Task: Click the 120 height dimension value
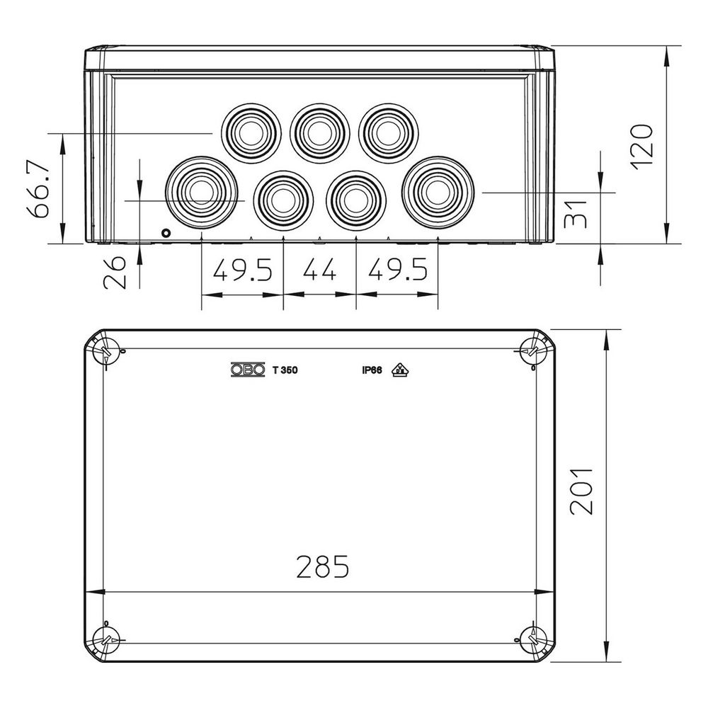[x=642, y=147]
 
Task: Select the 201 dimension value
[x=581, y=491]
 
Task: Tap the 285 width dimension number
[x=322, y=566]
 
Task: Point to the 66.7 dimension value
[x=38, y=189]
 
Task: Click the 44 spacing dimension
[x=320, y=270]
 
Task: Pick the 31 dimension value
[x=576, y=214]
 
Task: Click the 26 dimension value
[x=115, y=273]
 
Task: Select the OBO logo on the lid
[x=247, y=370]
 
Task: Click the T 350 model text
[x=285, y=370]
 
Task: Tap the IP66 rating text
[x=372, y=370]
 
